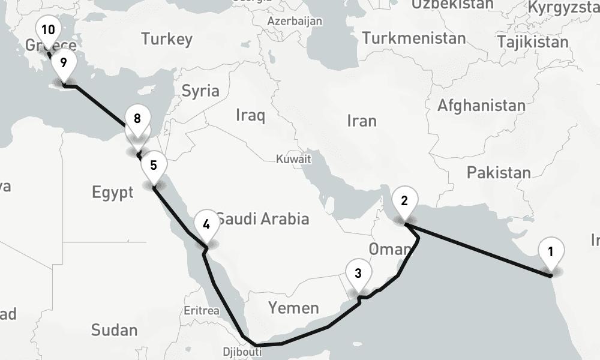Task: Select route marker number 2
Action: (x=404, y=201)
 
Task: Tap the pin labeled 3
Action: (x=358, y=274)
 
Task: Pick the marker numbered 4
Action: (x=206, y=225)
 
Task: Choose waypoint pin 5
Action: (x=154, y=165)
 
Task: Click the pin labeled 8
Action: (x=137, y=119)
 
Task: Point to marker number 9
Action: (x=63, y=62)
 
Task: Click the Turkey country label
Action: (x=167, y=40)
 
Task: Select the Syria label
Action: (x=200, y=91)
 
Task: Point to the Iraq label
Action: (x=250, y=115)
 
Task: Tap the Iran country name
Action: (x=362, y=121)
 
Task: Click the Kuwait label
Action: (x=293, y=160)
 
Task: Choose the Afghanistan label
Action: (x=481, y=106)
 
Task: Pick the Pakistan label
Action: (x=499, y=173)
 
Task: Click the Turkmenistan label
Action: (x=414, y=38)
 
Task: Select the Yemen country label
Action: (x=293, y=308)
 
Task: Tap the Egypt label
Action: (x=112, y=193)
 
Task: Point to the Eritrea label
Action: (x=202, y=311)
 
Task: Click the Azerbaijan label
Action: (x=295, y=21)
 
